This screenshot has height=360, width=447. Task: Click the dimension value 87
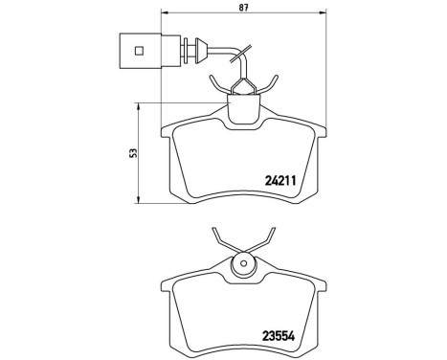241,9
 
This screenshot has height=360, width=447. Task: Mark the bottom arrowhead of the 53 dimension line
141,198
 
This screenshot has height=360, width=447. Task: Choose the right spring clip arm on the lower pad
267,239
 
